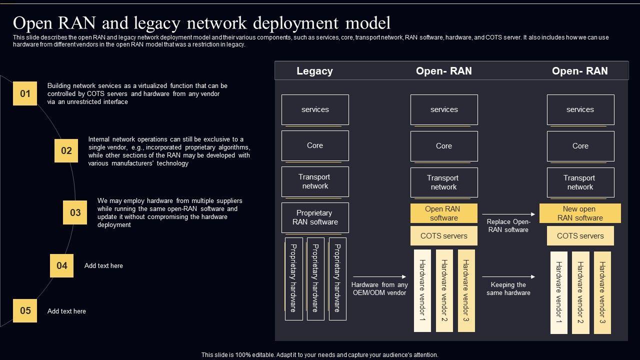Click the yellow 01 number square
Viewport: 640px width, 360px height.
pyautogui.click(x=25, y=93)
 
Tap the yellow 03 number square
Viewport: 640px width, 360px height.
pyautogui.click(x=75, y=212)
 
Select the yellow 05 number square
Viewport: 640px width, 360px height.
pyautogui.click(x=25, y=310)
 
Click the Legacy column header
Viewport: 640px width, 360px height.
pyautogui.click(x=314, y=71)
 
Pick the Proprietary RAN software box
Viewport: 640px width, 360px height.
pyautogui.click(x=315, y=217)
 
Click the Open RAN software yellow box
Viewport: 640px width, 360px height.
pyautogui.click(x=443, y=213)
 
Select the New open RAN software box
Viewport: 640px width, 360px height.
pyautogui.click(x=580, y=213)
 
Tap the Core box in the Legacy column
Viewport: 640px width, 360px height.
pyautogui.click(x=315, y=145)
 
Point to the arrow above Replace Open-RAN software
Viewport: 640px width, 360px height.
pyautogui.click(x=508, y=214)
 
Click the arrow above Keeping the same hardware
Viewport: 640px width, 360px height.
pyautogui.click(x=508, y=276)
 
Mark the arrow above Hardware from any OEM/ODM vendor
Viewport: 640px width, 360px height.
pyautogui.click(x=379, y=276)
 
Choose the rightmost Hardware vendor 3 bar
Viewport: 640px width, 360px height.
pyautogui.click(x=602, y=292)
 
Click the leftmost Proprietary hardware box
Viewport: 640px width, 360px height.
pyautogui.click(x=293, y=279)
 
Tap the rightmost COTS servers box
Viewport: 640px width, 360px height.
pyautogui.click(x=580, y=235)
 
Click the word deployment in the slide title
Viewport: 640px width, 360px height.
pyautogui.click(x=295, y=23)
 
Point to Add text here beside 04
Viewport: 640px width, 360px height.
pyautogui.click(x=103, y=265)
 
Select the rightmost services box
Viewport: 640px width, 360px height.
pyautogui.click(x=580, y=109)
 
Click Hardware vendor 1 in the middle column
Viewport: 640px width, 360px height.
pyautogui.click(x=422, y=290)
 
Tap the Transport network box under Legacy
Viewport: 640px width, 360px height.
pyautogui.click(x=315, y=181)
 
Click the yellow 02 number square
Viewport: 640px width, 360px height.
pyautogui.click(x=66, y=150)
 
